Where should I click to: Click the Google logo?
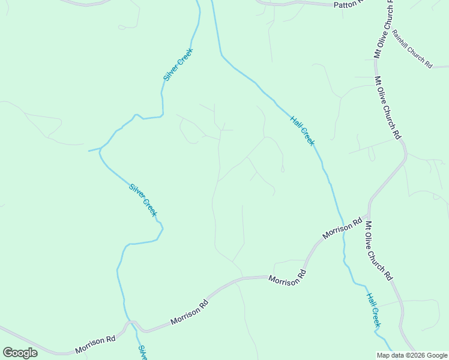click(x=19, y=353)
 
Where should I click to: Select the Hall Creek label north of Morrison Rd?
click(x=302, y=130)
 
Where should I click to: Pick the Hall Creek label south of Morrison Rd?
click(x=373, y=310)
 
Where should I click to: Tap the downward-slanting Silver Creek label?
click(x=143, y=200)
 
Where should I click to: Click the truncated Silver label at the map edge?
click(x=143, y=352)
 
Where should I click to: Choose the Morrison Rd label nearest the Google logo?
click(x=95, y=344)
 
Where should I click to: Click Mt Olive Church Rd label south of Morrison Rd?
click(x=378, y=251)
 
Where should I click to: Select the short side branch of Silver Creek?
click(x=94, y=149)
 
